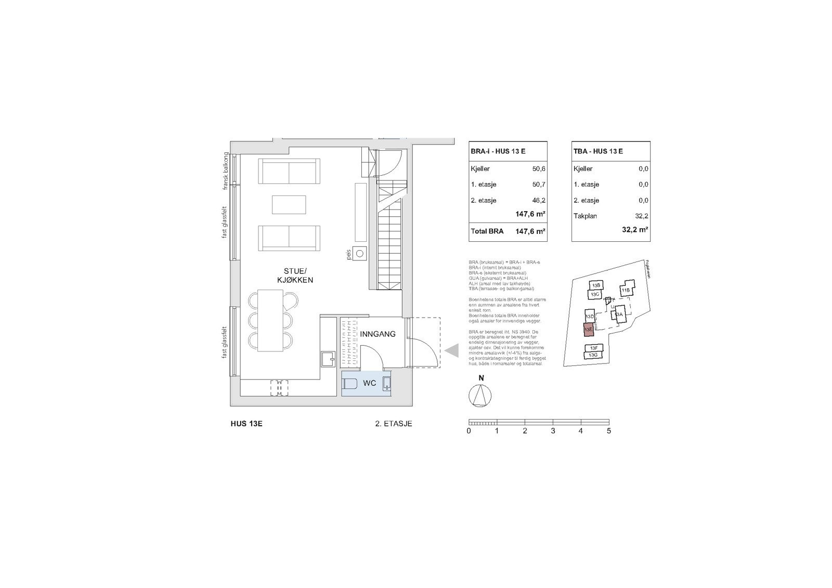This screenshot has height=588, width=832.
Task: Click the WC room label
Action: [369, 384]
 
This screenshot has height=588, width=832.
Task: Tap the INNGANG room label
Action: [378, 334]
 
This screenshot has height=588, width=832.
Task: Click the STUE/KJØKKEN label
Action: [298, 275]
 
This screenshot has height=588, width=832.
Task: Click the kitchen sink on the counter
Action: [328, 359]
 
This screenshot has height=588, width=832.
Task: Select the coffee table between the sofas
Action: [289, 204]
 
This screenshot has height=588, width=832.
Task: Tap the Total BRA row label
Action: [487, 231]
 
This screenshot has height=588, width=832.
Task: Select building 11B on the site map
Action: [626, 290]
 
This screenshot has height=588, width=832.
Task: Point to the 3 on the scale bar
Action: [553, 430]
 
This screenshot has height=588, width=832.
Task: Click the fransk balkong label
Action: [226, 171]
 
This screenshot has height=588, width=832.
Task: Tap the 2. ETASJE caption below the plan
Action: [393, 424]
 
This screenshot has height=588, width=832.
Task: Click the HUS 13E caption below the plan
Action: [246, 424]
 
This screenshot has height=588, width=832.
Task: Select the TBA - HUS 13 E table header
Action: [598, 151]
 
